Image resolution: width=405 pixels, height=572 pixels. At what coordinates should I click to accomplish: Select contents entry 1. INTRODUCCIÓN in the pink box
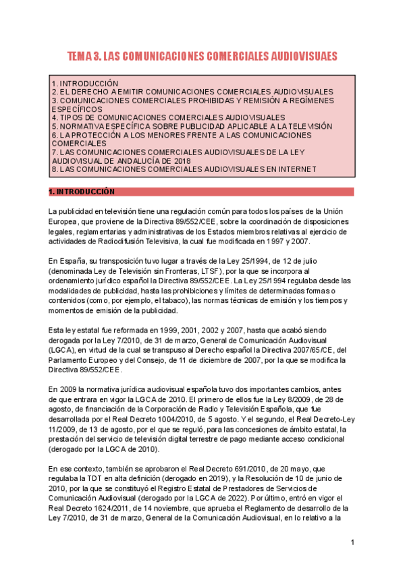point(84,82)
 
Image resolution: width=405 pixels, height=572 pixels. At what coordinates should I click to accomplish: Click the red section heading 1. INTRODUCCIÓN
point(82,192)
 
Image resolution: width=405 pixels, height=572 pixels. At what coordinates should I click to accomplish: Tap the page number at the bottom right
point(352,543)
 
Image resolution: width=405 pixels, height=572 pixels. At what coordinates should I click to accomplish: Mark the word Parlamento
point(69,360)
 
